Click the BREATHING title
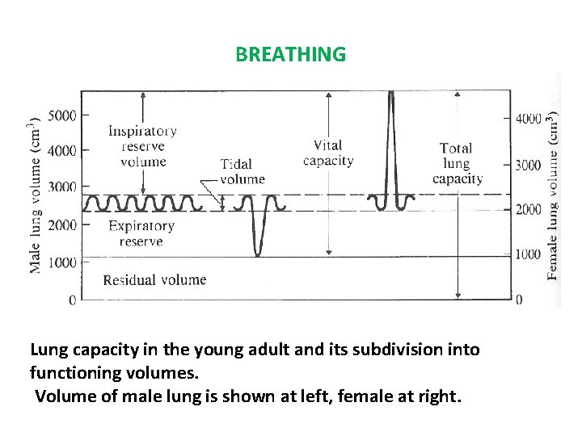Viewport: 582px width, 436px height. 290,54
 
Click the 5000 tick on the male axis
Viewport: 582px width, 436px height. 62,115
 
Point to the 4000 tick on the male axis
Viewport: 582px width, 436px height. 62,150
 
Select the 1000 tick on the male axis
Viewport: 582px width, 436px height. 62,262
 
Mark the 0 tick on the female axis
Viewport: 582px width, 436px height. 519,300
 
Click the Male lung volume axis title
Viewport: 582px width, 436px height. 36,196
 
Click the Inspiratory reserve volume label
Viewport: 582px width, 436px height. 142,146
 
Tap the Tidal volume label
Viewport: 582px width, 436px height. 242,172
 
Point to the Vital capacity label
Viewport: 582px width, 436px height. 328,153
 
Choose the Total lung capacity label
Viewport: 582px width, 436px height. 458,163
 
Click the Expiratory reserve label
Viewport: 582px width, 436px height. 141,233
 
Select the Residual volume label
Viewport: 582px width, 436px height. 154,280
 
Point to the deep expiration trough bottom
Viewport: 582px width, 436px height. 258,254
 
